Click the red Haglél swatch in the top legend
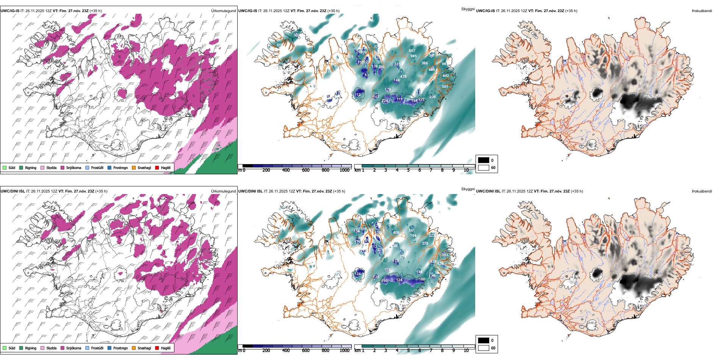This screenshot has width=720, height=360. [x=157, y=167]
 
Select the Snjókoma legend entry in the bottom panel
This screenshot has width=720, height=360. [x=74, y=348]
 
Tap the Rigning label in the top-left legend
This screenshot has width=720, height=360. [x=31, y=167]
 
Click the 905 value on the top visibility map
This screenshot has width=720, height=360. [x=413, y=56]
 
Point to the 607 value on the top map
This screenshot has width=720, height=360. [x=412, y=50]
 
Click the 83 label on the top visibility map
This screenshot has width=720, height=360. [x=366, y=75]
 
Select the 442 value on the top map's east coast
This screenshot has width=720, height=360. [x=446, y=76]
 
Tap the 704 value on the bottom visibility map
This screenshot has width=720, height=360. [x=413, y=235]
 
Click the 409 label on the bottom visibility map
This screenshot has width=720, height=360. [x=396, y=233]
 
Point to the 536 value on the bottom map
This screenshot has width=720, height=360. [x=440, y=264]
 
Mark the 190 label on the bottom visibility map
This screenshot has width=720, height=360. [x=384, y=281]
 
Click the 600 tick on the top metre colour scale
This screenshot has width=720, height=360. [x=305, y=170]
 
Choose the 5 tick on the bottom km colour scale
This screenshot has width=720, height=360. [x=408, y=351]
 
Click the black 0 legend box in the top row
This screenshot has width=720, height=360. [x=484, y=160]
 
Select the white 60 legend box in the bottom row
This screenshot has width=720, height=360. [x=484, y=348]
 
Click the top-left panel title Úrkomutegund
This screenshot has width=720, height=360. [x=223, y=11]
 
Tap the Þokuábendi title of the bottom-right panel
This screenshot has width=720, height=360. [x=702, y=191]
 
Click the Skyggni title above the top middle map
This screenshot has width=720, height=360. [x=468, y=9]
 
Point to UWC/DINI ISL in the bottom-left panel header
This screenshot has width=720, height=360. [x=13, y=191]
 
